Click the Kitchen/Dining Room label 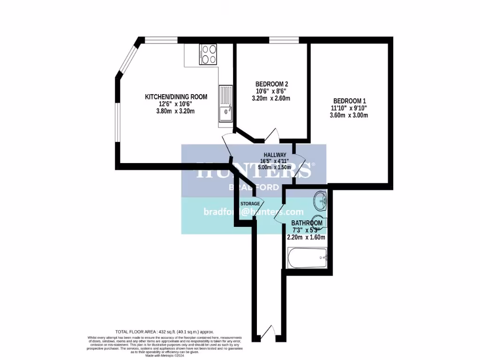[176, 97]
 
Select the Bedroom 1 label [349, 101]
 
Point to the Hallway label [275, 155]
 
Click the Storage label [250, 204]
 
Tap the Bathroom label [307, 223]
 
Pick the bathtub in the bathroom [307, 258]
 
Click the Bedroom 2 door [271, 136]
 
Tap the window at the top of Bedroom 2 [284, 40]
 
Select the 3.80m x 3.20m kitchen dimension [176, 111]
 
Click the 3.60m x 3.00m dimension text [349, 115]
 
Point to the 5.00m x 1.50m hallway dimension [275, 167]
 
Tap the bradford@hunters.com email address [254, 212]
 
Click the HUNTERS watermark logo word [253, 171]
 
